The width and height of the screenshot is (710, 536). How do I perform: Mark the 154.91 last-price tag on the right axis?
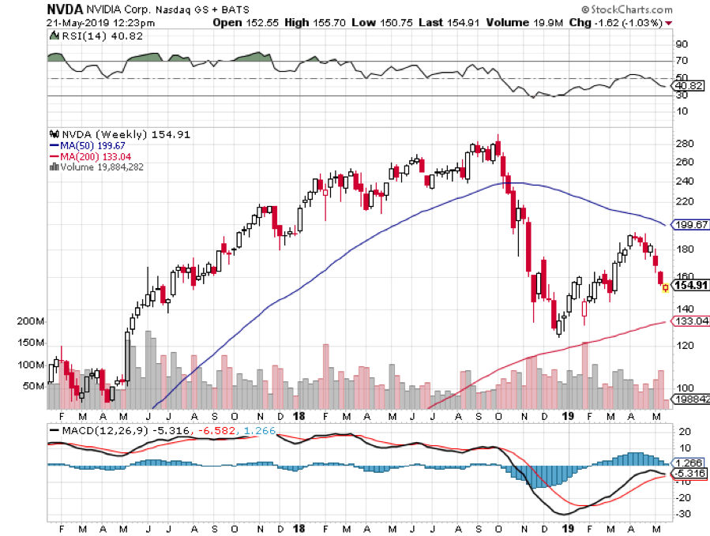tap(689, 286)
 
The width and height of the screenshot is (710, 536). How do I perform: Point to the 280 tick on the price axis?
tap(684, 144)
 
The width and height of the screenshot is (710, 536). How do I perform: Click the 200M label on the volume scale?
tap(30, 322)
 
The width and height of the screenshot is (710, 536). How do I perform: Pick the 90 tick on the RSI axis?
tap(680, 44)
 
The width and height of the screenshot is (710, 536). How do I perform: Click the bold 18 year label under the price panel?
tap(299, 415)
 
